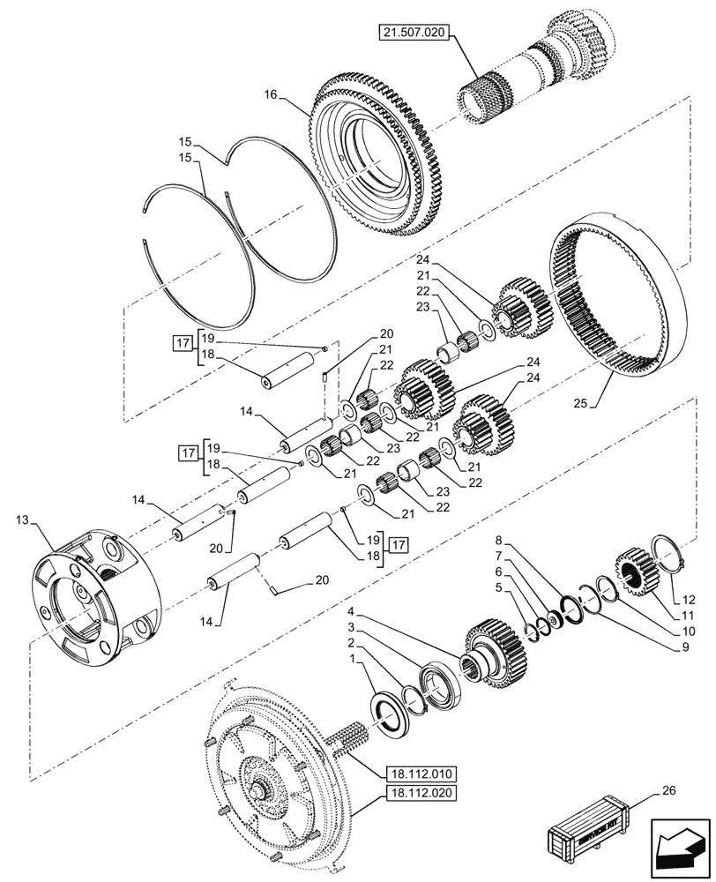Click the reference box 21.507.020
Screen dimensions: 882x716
(415, 33)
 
